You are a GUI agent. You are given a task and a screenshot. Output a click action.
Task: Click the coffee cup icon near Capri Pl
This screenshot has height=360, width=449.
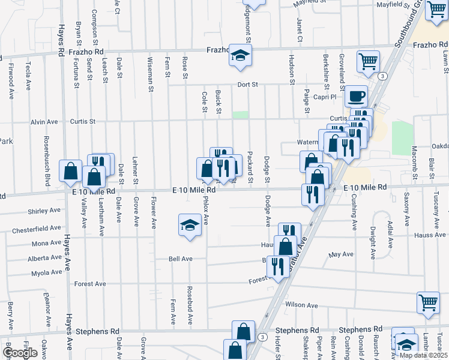tap(356, 95)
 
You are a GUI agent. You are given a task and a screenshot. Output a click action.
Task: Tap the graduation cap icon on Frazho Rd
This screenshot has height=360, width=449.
tap(240, 56)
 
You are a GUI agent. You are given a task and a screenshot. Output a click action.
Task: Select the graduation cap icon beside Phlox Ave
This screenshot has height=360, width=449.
tap(190, 226)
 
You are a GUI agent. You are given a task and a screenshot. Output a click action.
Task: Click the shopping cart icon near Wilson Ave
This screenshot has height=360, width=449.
tap(428, 302)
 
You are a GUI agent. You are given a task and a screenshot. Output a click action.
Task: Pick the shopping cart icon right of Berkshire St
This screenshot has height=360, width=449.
tap(367, 61)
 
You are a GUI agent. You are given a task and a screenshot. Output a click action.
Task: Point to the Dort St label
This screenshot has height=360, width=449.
tap(247, 85)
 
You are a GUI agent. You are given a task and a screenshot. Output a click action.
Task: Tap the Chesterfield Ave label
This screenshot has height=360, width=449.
tap(36, 229)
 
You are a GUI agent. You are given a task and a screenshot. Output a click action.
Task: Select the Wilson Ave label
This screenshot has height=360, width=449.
tap(301, 305)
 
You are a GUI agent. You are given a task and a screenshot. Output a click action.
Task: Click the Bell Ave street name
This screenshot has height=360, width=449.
tap(180, 259)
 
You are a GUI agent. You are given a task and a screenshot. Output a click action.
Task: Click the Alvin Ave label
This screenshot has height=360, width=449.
tap(44, 122)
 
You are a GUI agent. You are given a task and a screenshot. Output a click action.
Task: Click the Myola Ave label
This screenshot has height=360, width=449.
tap(47, 272)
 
